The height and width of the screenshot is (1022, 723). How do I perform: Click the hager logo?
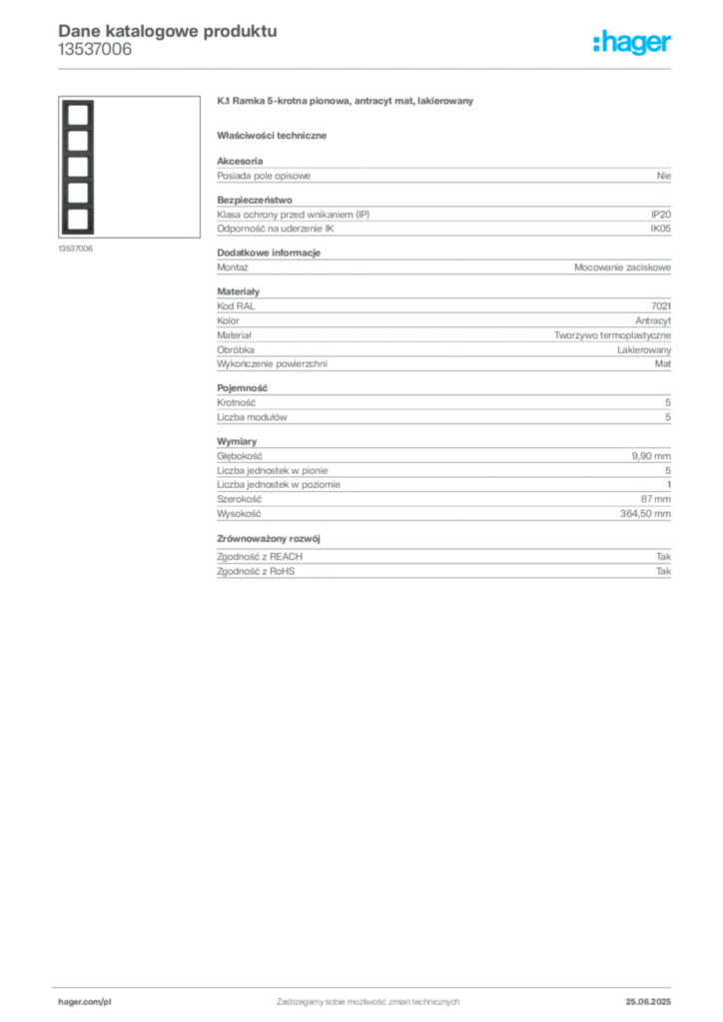pos(631,42)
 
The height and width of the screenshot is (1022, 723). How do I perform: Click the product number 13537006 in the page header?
pos(95,50)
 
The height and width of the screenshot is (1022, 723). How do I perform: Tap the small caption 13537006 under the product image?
pos(76,249)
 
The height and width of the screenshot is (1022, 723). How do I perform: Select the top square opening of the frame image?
pos(78,115)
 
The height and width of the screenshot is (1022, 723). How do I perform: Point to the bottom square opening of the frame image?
pos(78,219)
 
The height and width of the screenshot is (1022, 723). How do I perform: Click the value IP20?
pos(660,215)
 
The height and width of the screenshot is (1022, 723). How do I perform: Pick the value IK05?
pos(660,229)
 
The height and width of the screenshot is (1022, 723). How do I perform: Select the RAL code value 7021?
pos(661,305)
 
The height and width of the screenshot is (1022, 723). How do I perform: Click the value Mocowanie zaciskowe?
pos(622,267)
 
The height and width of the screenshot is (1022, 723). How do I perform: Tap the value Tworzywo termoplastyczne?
pos(613,335)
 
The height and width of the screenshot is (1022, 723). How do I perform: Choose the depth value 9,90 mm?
pos(651,456)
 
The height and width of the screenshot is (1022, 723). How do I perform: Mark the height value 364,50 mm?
pos(645,514)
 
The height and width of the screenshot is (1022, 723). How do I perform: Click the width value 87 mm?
pos(656,499)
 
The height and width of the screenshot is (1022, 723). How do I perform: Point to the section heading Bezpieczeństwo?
pos(255,200)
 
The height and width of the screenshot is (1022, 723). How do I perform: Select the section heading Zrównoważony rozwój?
pos(269,538)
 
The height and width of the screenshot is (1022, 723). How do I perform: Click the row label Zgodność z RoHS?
pos(256,571)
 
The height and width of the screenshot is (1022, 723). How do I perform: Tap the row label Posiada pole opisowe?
pos(264,176)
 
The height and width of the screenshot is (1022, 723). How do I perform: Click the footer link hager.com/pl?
pos(85,1002)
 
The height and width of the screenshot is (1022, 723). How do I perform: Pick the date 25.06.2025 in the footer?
pos(648,1002)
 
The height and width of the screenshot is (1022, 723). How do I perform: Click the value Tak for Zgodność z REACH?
pos(664,557)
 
